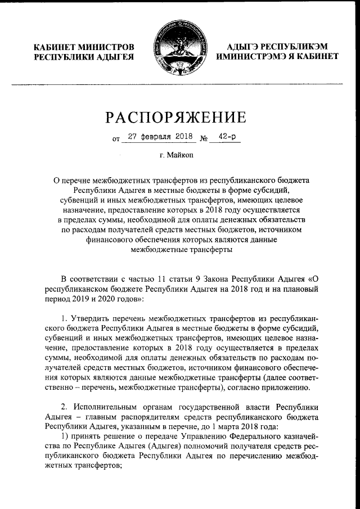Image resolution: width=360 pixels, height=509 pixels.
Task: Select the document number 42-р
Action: [225, 136]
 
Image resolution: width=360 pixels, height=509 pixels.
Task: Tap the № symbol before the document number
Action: [204, 138]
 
